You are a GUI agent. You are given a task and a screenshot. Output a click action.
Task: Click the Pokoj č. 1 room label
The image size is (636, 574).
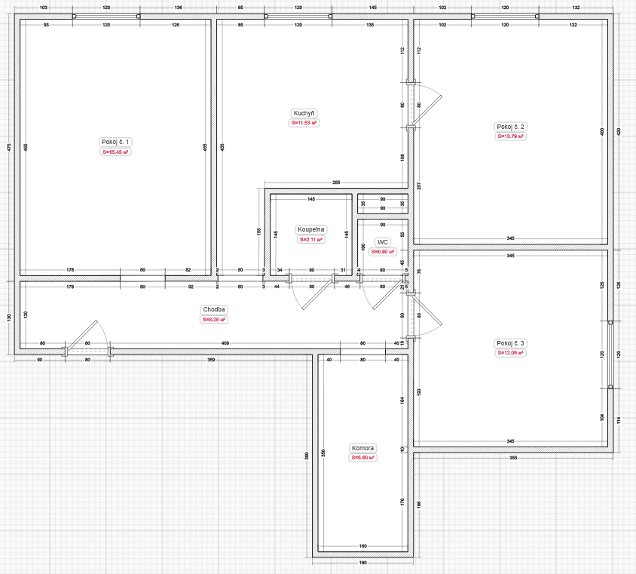click(115, 142)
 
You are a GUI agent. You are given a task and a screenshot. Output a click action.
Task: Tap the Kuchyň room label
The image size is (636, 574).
click(304, 112)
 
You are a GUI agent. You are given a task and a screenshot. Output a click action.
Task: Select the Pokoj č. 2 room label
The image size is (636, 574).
click(510, 127)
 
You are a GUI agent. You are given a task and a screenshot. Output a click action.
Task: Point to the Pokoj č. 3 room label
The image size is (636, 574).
click(510, 343)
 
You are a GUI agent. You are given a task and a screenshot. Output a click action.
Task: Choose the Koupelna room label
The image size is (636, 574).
click(310, 229)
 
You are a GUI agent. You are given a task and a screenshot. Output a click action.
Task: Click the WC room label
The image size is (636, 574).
click(383, 242)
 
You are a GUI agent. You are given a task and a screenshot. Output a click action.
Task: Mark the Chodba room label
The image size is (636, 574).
click(214, 309)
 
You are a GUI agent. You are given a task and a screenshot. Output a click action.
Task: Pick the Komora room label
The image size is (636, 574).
click(362, 447)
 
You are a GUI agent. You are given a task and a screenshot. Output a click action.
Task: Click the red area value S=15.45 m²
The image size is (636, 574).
click(115, 152)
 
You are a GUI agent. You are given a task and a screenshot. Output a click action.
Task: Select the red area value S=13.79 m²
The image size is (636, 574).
click(510, 137)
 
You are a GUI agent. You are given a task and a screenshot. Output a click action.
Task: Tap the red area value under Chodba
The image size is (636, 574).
click(214, 319)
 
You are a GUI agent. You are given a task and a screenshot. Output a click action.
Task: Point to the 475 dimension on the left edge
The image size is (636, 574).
click(8, 147)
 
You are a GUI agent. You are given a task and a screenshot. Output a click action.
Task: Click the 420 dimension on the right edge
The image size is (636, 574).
click(619, 130)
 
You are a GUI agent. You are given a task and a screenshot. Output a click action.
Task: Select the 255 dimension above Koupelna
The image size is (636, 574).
click(336, 183)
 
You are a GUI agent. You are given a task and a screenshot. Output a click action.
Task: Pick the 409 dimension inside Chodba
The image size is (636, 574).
click(225, 344)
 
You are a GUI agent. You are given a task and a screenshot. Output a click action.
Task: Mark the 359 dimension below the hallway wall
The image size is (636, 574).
click(211, 360)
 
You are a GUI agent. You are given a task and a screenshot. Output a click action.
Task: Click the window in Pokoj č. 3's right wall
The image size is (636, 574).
click(610, 355)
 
